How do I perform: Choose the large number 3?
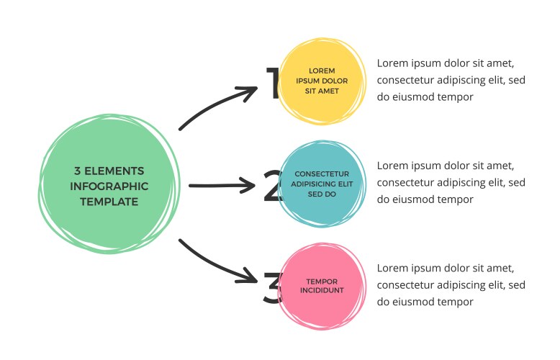(x=271, y=289)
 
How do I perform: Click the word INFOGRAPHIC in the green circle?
(x=109, y=186)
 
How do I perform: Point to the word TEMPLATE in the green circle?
(x=109, y=202)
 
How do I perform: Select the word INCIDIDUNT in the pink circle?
(x=322, y=290)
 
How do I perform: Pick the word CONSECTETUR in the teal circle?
(x=322, y=174)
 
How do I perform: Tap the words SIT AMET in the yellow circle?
(x=322, y=91)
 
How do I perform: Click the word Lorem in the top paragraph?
(x=392, y=63)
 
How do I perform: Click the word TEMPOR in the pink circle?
(x=322, y=282)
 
